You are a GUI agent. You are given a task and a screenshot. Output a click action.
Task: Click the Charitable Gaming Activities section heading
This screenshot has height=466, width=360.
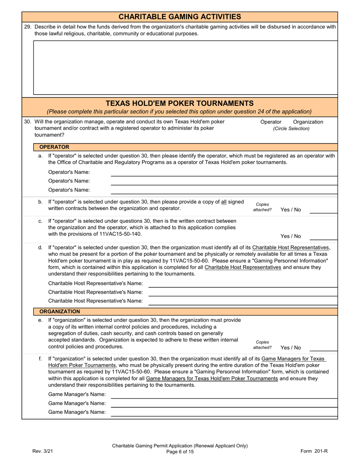point(180,17)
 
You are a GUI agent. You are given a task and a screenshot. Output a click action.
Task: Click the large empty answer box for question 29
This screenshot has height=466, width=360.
point(185,67)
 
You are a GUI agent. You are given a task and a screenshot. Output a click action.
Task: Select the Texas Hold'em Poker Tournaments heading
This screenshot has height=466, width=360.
point(180,103)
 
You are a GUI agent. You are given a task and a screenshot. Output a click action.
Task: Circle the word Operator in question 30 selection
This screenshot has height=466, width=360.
point(271,122)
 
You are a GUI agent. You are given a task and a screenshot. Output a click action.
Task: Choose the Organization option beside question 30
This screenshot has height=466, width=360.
point(308,122)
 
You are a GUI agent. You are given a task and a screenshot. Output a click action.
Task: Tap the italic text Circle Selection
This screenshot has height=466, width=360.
point(291,129)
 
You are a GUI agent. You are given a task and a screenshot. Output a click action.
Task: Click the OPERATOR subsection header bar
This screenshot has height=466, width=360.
point(54,147)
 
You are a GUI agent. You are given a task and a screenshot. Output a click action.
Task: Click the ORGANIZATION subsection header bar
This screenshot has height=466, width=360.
point(59,311)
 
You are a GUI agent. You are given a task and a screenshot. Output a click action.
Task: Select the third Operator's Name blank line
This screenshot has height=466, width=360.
point(224,191)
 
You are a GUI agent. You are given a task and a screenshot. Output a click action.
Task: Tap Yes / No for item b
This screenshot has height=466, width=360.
point(291,210)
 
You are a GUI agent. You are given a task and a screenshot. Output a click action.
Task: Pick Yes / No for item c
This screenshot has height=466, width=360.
point(291,236)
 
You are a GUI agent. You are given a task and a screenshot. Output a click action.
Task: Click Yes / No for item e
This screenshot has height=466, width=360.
point(291,348)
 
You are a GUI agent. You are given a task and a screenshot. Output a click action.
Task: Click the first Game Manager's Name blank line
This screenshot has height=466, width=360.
point(224,396)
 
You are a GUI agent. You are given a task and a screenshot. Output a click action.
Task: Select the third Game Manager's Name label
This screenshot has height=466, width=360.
point(77,413)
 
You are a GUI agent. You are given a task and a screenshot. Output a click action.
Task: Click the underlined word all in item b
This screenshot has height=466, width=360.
point(224,202)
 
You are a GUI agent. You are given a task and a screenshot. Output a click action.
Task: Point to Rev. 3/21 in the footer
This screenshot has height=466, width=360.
point(43,451)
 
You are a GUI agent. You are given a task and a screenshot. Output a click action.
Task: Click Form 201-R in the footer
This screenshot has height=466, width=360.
point(314,451)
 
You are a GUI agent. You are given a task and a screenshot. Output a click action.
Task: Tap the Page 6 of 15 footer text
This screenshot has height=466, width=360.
point(180,452)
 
